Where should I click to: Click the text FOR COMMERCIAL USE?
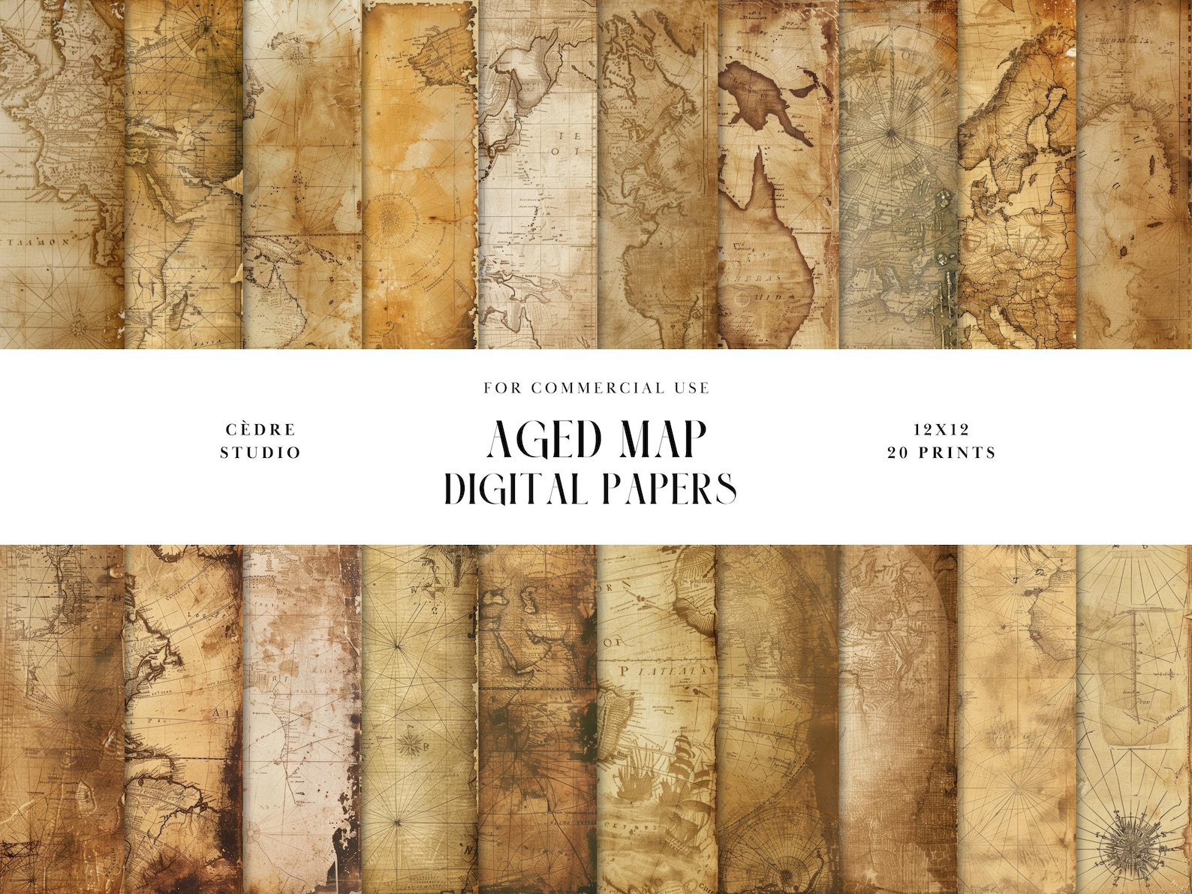pyautogui.click(x=596, y=388)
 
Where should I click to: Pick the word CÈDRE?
pyautogui.click(x=260, y=429)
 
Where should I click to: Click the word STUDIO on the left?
pyautogui.click(x=260, y=453)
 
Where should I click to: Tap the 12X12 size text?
pyautogui.click(x=941, y=429)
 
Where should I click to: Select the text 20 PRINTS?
pyautogui.click(x=941, y=453)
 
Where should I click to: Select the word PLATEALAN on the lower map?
pyautogui.click(x=661, y=670)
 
